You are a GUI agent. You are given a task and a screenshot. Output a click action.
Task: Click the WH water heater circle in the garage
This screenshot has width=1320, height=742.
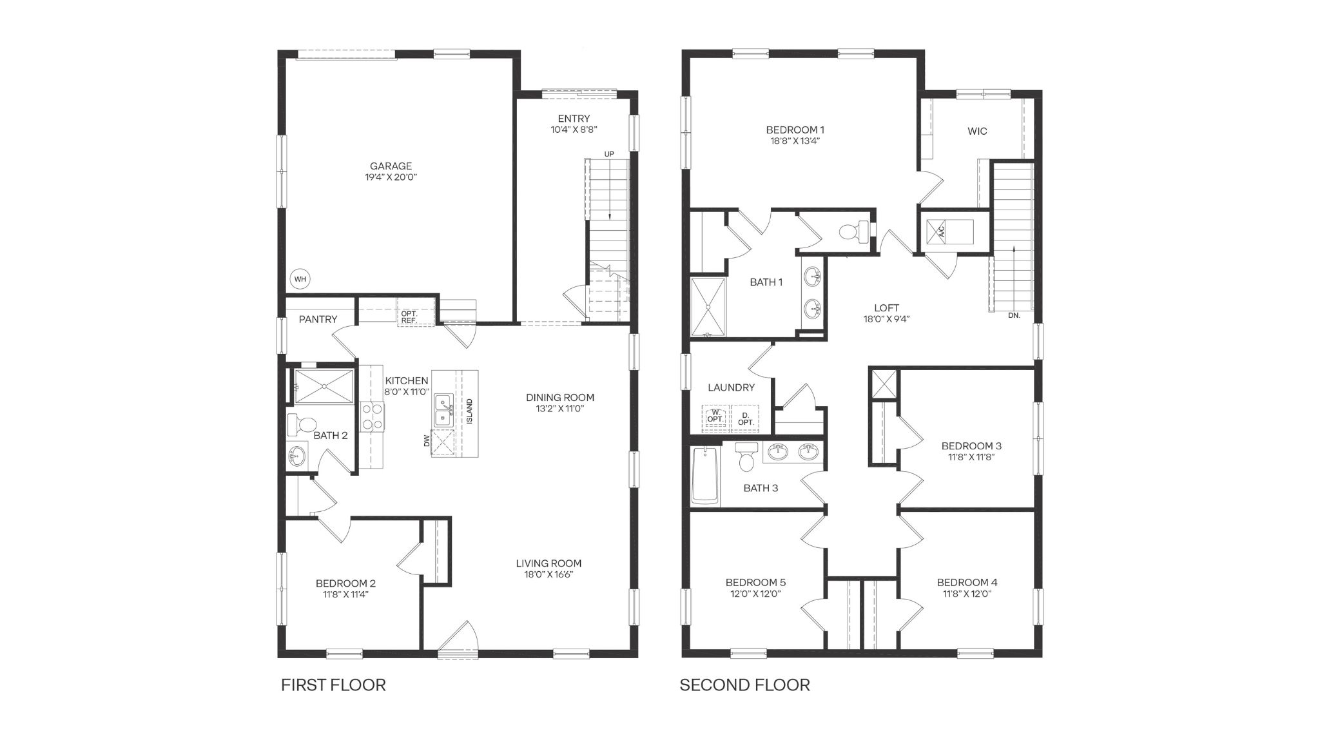coord(300,279)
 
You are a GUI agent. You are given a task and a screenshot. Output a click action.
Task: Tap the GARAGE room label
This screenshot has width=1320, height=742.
coord(391,166)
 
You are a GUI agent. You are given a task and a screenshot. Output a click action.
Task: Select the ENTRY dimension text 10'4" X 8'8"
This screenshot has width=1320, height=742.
coord(574,129)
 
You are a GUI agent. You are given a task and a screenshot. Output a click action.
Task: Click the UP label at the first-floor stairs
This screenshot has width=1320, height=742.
coord(609,154)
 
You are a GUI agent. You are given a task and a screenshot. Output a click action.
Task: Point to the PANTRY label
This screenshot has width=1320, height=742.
coord(318,319)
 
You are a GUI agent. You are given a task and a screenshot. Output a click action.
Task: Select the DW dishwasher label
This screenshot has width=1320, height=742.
coord(427,441)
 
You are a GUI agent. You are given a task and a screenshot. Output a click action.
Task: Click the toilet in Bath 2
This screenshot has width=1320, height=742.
coord(301,424)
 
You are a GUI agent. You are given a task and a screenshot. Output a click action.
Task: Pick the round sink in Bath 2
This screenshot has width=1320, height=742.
coord(297,456)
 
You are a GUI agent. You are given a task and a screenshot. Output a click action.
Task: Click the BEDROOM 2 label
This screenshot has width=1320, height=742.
coord(345,583)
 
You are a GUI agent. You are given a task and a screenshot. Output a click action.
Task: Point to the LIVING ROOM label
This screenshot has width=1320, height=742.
coord(548,563)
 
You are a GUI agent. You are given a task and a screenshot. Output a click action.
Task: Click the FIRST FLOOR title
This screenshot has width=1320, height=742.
coord(333,685)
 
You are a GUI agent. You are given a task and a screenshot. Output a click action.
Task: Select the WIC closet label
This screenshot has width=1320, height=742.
coord(977,132)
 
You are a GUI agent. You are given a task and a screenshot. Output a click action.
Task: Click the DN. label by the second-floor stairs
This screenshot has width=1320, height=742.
coord(1014,315)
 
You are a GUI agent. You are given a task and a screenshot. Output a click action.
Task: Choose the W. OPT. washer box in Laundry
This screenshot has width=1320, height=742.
coord(715,416)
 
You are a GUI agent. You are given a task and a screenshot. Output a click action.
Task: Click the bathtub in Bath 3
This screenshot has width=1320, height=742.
coord(705,476)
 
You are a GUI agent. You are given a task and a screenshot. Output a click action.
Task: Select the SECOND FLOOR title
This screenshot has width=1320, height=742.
coord(744,685)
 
